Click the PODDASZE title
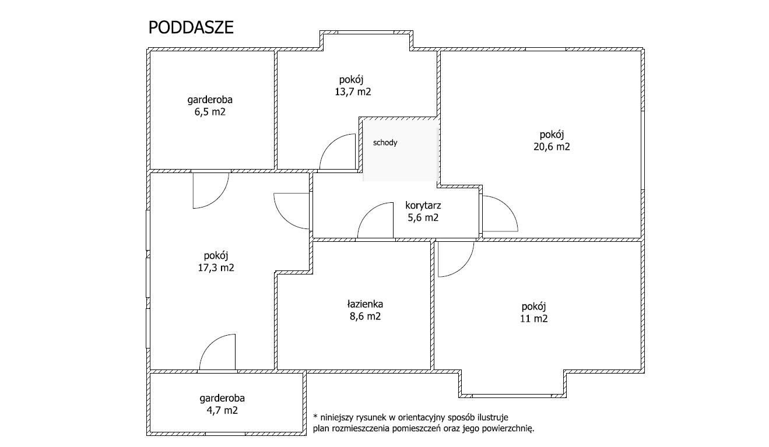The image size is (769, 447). [x=191, y=27]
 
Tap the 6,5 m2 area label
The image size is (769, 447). [x=210, y=112]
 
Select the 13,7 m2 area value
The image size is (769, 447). [x=353, y=92]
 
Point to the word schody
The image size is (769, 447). [x=385, y=143]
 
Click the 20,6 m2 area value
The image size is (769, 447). [x=552, y=147]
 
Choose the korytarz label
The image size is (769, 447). [x=423, y=206]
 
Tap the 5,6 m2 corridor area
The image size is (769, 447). [x=423, y=218]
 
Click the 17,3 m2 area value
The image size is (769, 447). [x=216, y=268]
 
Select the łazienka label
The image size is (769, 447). [x=365, y=304]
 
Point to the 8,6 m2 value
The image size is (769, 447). [x=366, y=316]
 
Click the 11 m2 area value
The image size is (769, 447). [x=534, y=319]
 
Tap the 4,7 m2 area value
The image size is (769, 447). [x=222, y=411]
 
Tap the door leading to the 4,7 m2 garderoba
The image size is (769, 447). [x=209, y=343]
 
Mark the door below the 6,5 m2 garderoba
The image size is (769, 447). [x=219, y=199]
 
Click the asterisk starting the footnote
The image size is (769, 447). [x=315, y=417]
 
